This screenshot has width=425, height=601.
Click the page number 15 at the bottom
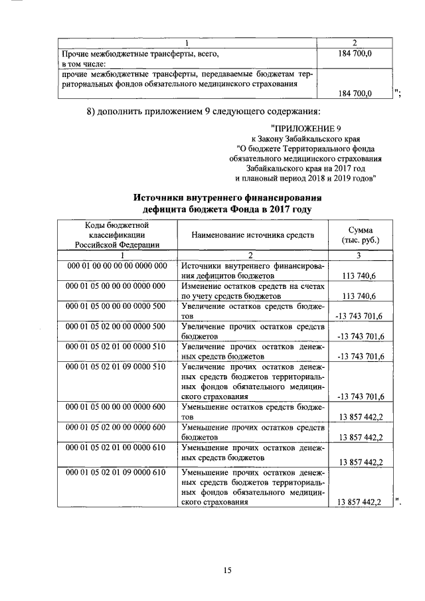[x=227, y=570]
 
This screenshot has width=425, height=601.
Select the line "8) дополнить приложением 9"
[x=204, y=110]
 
